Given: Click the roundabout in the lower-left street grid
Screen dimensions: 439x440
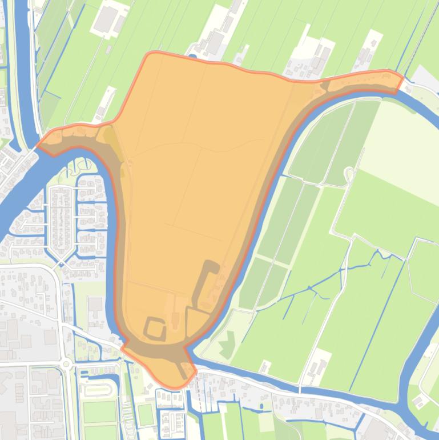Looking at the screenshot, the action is (66, 363).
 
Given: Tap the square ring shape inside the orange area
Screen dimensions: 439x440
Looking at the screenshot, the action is (155, 329).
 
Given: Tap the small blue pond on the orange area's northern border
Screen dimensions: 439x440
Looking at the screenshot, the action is (193, 57).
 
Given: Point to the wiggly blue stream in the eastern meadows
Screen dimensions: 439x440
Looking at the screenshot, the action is (337, 274).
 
